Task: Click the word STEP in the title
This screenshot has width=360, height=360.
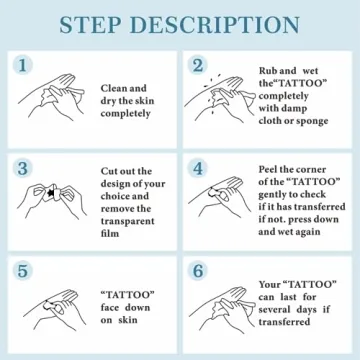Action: coord(90,25)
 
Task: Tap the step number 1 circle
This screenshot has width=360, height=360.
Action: coord(23,65)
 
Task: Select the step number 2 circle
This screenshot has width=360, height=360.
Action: coord(198,65)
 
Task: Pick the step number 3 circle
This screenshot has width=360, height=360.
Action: coord(23,168)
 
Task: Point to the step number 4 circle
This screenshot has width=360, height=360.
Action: coord(198,168)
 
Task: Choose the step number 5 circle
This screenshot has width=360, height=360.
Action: coord(23,271)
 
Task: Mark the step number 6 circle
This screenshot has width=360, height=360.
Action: coord(198,271)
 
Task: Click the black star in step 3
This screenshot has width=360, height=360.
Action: coord(52,193)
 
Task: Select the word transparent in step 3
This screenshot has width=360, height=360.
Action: coord(128,221)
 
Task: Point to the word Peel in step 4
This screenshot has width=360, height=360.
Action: coord(268,169)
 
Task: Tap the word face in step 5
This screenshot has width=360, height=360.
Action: coord(110,307)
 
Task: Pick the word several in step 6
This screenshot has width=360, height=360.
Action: coord(274,310)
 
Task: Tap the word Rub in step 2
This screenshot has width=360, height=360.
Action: coord(267,71)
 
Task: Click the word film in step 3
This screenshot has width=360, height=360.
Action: coord(110,233)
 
